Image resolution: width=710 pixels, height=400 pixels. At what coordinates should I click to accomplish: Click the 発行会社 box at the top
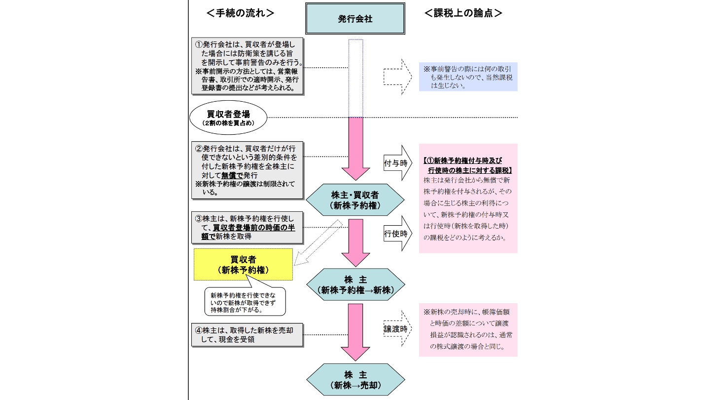point(355,19)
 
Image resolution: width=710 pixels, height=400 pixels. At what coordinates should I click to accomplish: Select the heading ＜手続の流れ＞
point(240,13)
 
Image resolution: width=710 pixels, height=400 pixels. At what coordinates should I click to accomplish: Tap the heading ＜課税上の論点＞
point(463,13)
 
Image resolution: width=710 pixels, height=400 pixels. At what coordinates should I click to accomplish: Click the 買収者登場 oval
point(228,118)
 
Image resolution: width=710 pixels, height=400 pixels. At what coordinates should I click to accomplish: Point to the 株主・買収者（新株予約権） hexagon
point(355,200)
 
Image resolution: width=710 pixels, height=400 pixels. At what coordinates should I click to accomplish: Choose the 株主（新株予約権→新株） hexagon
point(355,285)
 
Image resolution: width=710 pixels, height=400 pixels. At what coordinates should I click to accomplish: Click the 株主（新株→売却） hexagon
point(355,379)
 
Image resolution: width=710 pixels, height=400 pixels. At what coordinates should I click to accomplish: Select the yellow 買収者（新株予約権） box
point(244,265)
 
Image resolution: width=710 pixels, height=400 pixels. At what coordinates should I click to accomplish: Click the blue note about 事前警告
point(468,77)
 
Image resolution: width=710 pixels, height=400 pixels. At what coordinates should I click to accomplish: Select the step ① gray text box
point(247,66)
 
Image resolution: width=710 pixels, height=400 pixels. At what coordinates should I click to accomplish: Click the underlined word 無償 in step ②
point(228,175)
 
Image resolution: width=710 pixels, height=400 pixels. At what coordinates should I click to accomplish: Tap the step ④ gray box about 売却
point(247,335)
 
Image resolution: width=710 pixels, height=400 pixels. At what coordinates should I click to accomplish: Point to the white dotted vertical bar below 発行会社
point(355,78)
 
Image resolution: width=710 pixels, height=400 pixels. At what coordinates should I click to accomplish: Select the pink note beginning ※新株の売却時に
point(468,329)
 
